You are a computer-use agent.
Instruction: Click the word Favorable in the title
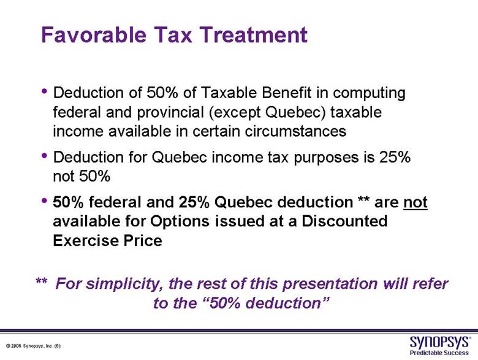tap(94, 34)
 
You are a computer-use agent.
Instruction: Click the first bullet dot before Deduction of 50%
tap(45, 91)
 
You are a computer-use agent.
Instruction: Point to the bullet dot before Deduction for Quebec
tap(45, 155)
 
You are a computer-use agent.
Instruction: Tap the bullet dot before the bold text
tap(45, 201)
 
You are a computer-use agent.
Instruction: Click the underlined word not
tap(415, 202)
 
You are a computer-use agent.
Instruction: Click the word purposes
tap(326, 158)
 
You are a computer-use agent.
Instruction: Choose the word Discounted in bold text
tap(344, 221)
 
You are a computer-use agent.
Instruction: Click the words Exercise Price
tap(108, 240)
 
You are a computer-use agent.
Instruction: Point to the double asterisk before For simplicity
tap(42, 281)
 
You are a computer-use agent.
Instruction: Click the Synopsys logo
tap(439, 342)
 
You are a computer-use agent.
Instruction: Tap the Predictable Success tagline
tap(439, 353)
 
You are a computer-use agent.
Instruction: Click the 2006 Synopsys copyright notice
tap(33, 346)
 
